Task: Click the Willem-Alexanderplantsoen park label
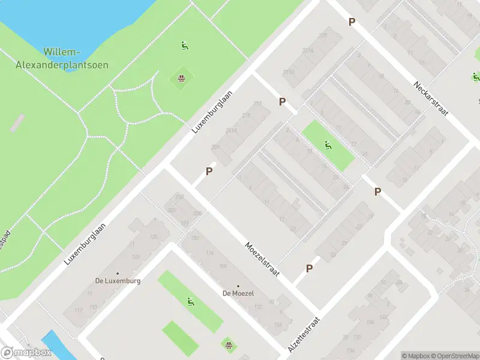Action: (75, 58)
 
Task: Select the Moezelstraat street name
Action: (263, 259)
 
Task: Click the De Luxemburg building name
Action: (118, 280)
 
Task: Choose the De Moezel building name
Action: (238, 293)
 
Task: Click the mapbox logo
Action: (26, 353)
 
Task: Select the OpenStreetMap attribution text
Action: (454, 356)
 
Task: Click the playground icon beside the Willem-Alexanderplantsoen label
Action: (185, 45)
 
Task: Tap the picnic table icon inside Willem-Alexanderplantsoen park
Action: (181, 78)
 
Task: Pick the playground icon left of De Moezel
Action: (191, 302)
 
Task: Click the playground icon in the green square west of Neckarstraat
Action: (328, 145)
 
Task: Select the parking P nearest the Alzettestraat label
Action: (309, 269)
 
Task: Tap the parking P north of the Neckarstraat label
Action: (352, 22)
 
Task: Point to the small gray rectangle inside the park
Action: (17, 123)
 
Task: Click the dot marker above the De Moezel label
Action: (238, 286)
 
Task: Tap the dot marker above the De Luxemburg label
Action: (118, 273)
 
